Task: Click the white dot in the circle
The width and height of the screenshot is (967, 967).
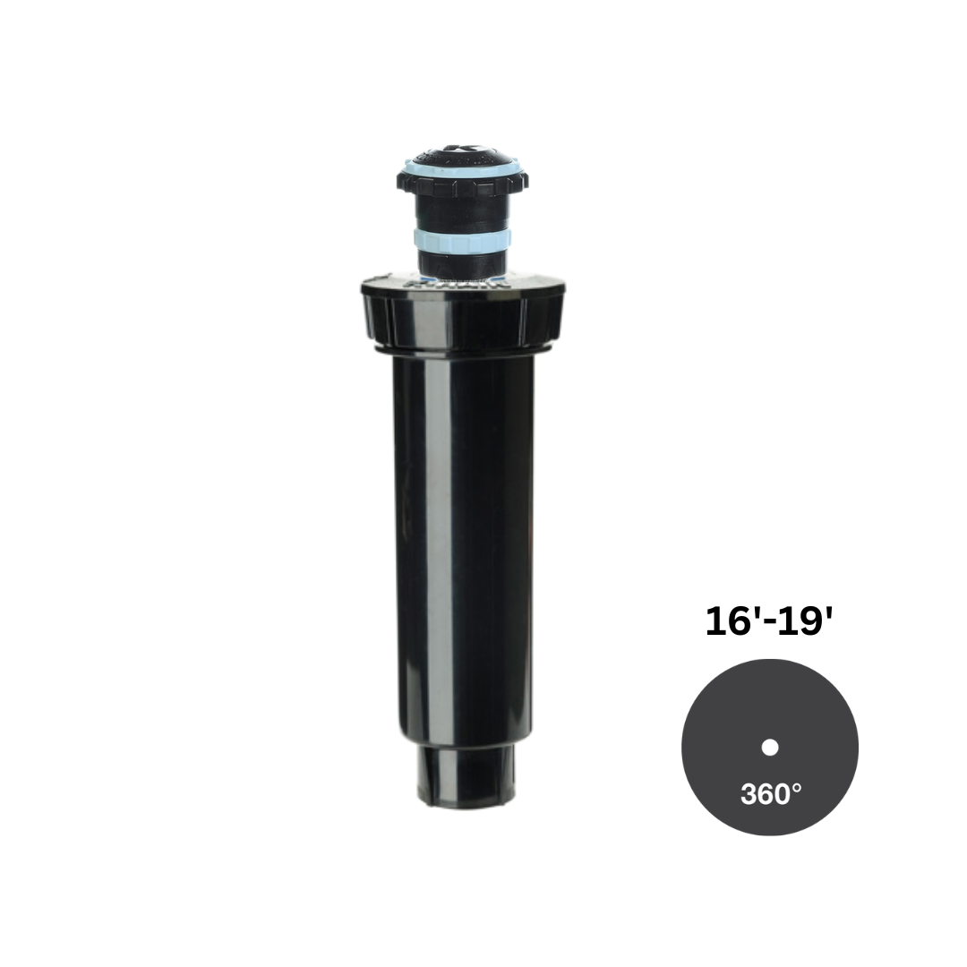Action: point(770,748)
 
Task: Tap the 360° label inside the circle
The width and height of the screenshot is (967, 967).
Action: point(771,794)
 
